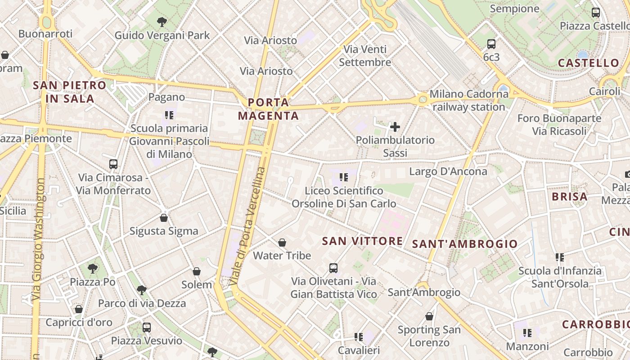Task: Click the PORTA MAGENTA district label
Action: pyautogui.click(x=268, y=109)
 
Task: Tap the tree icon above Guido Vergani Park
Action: pyautogui.click(x=162, y=22)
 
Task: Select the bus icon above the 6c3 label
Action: pyautogui.click(x=491, y=44)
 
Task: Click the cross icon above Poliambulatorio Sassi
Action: pyautogui.click(x=395, y=127)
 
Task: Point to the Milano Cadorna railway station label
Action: pyautogui.click(x=468, y=100)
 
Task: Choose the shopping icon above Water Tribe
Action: pyautogui.click(x=282, y=243)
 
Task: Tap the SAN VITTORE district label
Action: pyautogui.click(x=362, y=241)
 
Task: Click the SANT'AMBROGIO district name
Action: pyautogui.click(x=465, y=244)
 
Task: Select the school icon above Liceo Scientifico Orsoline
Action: pyautogui.click(x=344, y=177)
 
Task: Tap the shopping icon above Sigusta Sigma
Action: pyautogui.click(x=164, y=218)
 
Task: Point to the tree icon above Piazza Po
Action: pyautogui.click(x=93, y=269)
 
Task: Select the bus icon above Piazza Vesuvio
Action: pyautogui.click(x=147, y=327)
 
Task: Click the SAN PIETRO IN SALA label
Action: pyautogui.click(x=70, y=92)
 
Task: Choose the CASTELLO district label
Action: pyautogui.click(x=589, y=63)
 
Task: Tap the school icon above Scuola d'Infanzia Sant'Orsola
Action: pyautogui.click(x=560, y=257)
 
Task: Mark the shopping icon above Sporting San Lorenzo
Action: pyautogui.click(x=429, y=316)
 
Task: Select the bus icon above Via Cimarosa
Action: pyautogui.click(x=113, y=164)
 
